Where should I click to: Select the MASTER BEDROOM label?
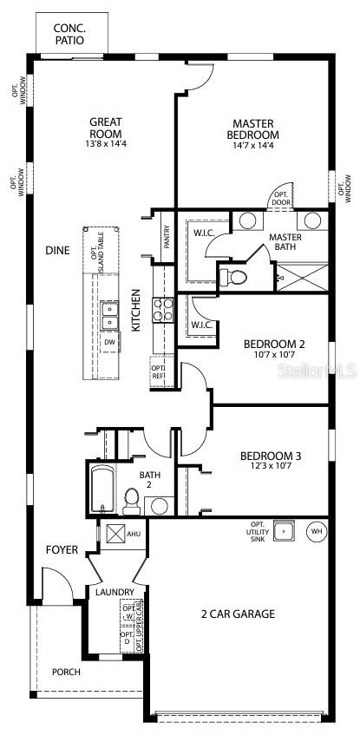point(252,129)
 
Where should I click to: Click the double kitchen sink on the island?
point(109,315)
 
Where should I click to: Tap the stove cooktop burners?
point(164,310)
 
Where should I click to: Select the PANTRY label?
point(166,235)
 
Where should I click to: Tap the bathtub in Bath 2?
point(102,490)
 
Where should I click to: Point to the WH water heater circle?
point(316,530)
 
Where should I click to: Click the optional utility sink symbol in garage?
point(282,529)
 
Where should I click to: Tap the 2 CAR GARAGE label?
point(238,614)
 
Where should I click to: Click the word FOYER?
point(62,550)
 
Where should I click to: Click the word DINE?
point(57,250)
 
